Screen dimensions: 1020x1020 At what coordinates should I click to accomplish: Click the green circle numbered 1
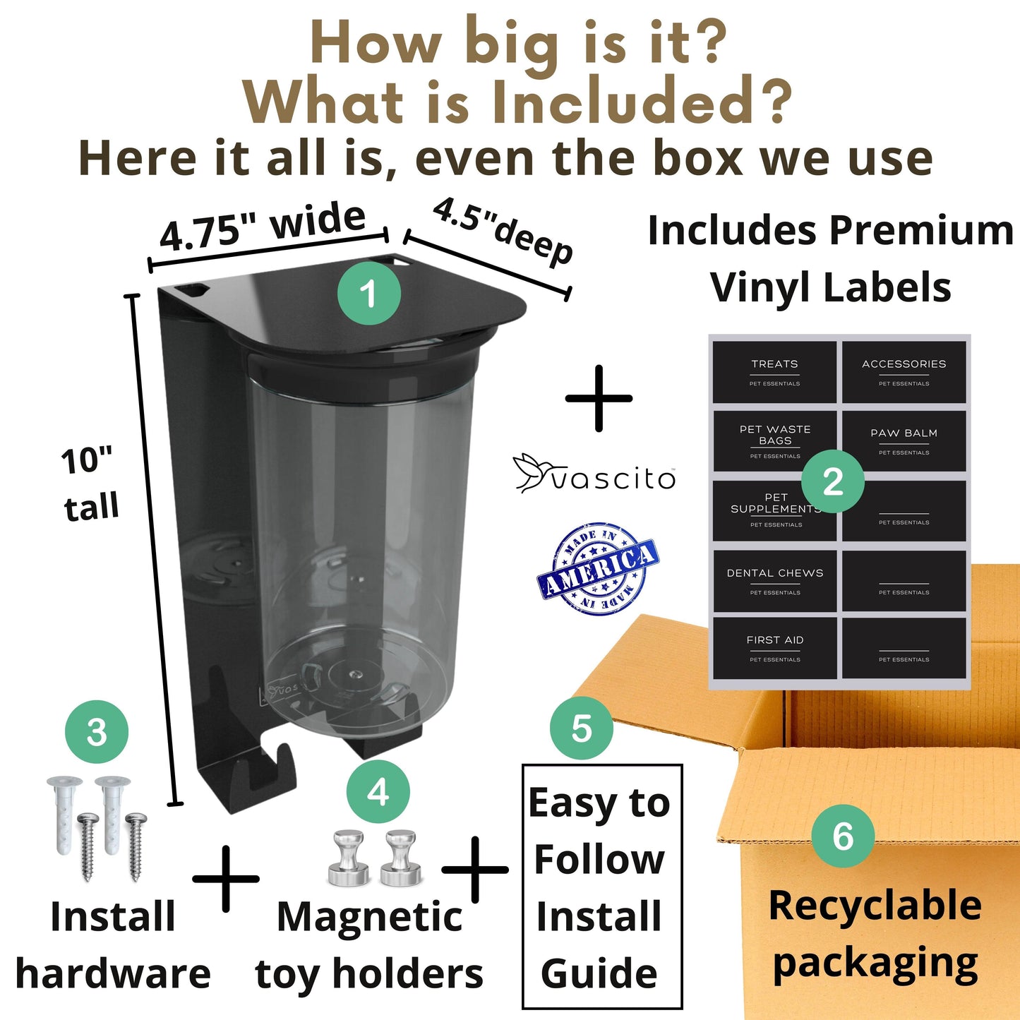coord(368,293)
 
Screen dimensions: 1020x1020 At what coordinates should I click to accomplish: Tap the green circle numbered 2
coord(833,481)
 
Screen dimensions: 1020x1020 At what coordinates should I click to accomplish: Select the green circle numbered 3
coord(97,732)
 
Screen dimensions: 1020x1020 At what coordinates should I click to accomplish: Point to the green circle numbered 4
coord(378,791)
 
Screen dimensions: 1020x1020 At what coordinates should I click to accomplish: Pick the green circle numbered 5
coord(582,728)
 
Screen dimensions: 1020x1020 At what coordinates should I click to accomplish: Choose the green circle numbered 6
coord(843,836)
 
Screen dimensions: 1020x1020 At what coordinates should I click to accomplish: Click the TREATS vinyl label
coord(774,371)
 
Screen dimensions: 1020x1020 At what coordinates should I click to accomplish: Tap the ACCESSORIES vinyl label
coord(904,371)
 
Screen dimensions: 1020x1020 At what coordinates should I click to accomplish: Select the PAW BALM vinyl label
coord(904,440)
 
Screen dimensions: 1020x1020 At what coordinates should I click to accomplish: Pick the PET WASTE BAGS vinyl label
coord(774,440)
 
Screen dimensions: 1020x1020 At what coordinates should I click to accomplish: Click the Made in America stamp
coord(598,569)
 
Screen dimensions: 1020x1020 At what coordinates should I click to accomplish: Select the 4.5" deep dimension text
coord(503,231)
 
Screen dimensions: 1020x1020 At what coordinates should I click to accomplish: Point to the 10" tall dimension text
coord(89,484)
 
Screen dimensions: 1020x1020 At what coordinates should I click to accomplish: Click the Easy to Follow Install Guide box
coord(601,887)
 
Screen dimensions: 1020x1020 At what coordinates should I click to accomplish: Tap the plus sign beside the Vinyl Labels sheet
coord(599,398)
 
